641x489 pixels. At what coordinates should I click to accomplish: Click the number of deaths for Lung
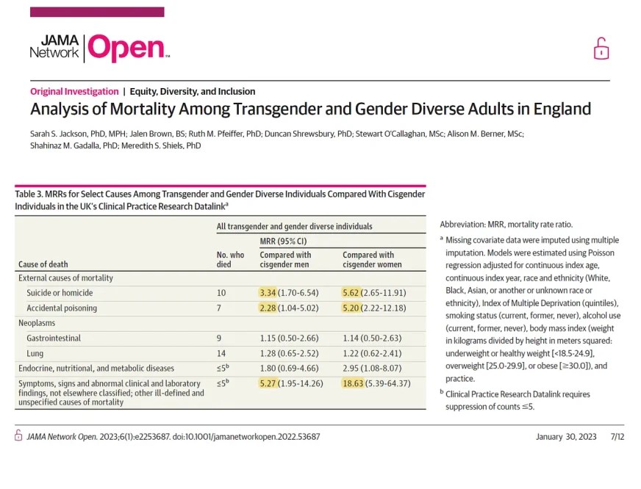tap(221, 353)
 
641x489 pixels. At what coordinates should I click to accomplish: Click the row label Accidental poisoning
tap(62, 308)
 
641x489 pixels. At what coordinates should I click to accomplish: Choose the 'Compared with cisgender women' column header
tap(368, 259)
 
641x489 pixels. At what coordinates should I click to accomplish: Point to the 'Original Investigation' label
tap(74, 92)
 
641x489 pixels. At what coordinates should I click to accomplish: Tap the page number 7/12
tap(617, 436)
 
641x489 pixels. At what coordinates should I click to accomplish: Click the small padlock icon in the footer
tap(19, 435)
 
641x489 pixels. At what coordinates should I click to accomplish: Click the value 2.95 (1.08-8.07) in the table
tap(374, 368)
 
